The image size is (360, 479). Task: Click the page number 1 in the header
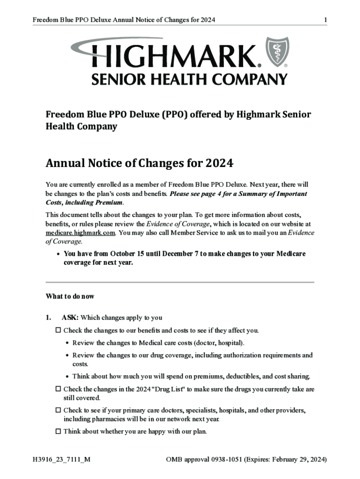[325, 20]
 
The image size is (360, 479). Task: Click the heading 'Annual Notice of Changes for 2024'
[139, 164]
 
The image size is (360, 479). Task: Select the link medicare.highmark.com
[80, 232]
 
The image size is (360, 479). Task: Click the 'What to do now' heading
[70, 296]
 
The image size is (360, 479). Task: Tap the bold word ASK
[70, 318]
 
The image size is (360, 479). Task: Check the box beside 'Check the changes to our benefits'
[58, 330]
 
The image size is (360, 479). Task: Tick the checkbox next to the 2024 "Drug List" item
[58, 389]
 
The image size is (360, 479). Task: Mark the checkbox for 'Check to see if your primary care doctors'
[58, 410]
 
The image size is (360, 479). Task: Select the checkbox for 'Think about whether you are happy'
[58, 431]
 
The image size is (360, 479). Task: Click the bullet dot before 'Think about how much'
[68, 377]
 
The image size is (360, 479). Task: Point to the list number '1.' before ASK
[48, 318]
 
